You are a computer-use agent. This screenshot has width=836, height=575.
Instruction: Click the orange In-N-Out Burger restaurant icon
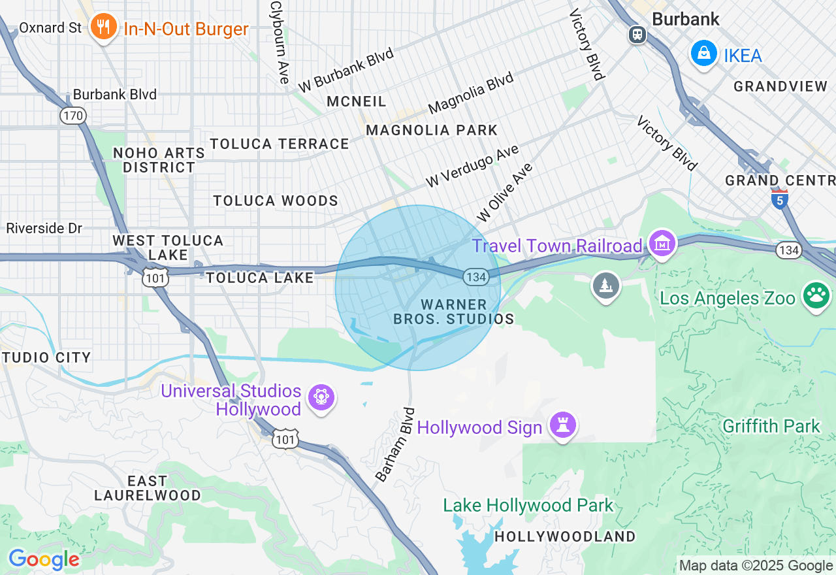(103, 27)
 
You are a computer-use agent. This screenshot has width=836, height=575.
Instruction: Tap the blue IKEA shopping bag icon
(704, 54)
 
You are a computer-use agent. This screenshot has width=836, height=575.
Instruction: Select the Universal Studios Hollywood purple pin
(321, 397)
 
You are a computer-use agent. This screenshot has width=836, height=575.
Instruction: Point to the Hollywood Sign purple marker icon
(562, 425)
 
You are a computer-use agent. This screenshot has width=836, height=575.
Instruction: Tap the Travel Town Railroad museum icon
(662, 244)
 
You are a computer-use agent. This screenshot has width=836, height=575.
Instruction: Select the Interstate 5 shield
(779, 199)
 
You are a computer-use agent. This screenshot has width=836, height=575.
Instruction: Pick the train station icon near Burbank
(637, 34)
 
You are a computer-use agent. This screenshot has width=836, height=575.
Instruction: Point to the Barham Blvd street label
(396, 445)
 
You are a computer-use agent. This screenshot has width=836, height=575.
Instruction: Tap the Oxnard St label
(50, 27)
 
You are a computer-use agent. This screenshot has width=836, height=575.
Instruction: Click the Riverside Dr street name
(44, 228)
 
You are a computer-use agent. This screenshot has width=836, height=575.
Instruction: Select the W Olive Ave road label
(505, 192)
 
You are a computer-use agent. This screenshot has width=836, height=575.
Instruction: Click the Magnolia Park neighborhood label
(432, 130)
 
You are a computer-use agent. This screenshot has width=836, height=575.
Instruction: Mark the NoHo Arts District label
(159, 160)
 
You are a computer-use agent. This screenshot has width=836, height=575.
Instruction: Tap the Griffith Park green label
(771, 426)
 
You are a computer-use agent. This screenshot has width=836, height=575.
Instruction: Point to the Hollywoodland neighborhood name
(564, 536)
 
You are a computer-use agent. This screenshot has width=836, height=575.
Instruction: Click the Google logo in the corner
(44, 559)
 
